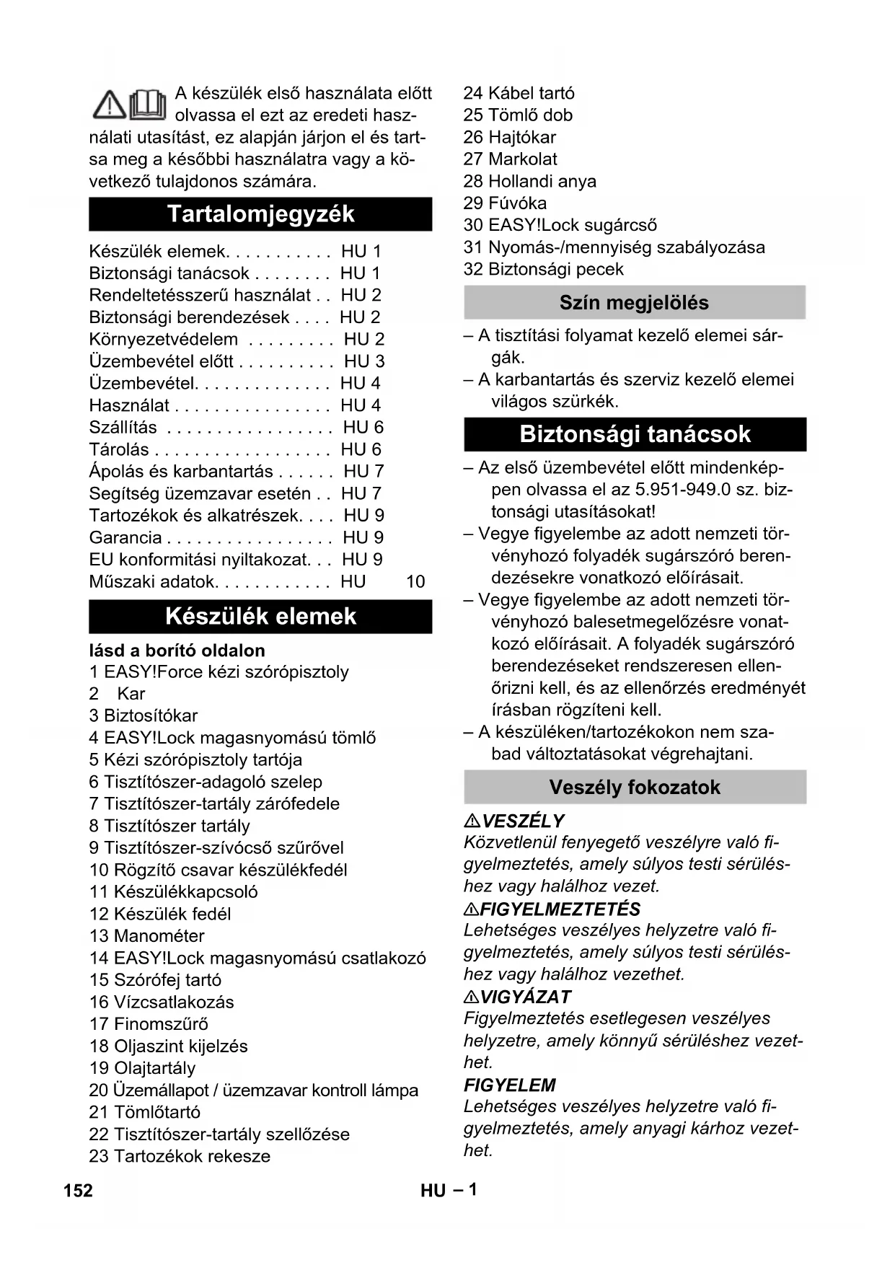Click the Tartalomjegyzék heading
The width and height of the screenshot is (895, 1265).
point(260,214)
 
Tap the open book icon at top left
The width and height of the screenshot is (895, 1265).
point(148,105)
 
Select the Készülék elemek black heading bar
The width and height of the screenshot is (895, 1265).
point(260,617)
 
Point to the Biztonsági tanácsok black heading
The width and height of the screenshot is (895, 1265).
point(635,434)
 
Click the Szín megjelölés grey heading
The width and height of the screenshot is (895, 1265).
point(634,303)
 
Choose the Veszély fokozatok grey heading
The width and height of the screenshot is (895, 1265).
point(635,787)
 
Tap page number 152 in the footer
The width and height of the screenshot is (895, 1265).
point(78,1190)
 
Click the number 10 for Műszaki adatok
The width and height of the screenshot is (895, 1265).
point(415,582)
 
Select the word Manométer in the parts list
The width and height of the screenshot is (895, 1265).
point(159,936)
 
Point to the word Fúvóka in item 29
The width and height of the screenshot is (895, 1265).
point(517,203)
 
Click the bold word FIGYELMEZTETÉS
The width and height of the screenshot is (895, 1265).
point(560,909)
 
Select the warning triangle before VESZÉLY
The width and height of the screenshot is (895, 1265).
point(472,821)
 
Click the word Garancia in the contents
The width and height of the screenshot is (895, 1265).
point(125,538)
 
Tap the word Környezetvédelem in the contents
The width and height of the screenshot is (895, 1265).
point(164,340)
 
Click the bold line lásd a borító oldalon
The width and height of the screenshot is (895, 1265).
point(177,651)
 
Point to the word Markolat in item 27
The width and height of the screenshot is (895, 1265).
point(523,159)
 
